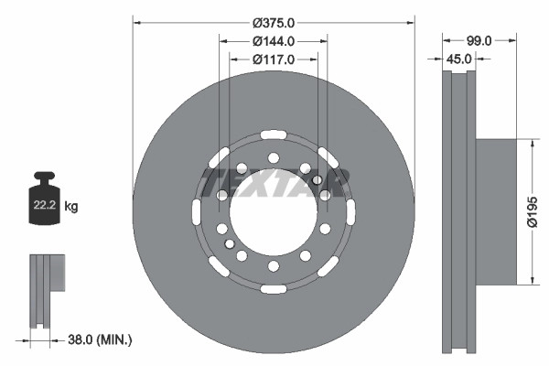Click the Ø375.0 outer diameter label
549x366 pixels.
tap(274, 23)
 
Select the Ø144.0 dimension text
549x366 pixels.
tap(274, 41)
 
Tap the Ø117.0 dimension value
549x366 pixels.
tap(274, 59)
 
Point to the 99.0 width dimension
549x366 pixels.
tap(479, 41)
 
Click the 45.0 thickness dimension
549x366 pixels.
tap(458, 59)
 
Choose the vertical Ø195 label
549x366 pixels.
tap(533, 212)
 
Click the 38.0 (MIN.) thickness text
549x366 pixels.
tap(100, 339)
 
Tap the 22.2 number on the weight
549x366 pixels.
tap(45, 205)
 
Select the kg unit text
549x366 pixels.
tap(71, 206)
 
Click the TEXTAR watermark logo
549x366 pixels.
tap(274, 183)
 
